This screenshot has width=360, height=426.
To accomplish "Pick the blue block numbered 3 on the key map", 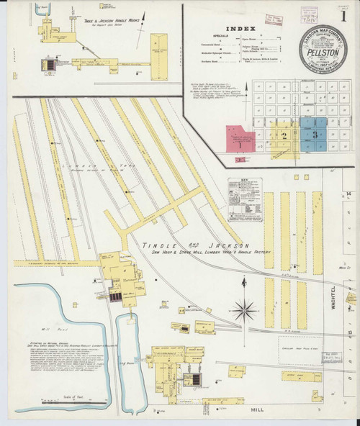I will [315, 133].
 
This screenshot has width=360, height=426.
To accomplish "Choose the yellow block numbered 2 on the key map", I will [284, 135].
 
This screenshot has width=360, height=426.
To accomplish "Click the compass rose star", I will [244, 310].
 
